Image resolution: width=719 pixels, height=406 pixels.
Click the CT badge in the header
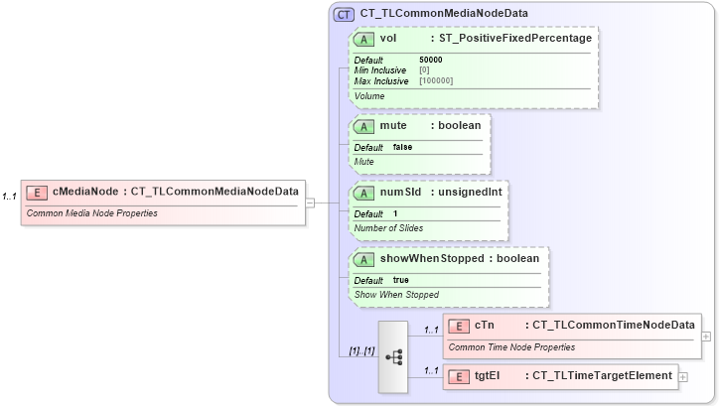click(344, 14)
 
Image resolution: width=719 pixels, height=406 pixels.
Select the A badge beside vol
click(364, 39)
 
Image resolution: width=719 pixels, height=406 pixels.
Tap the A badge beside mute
click(364, 126)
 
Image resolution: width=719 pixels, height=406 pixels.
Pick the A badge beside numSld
click(364, 192)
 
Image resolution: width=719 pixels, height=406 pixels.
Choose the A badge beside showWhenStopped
click(364, 258)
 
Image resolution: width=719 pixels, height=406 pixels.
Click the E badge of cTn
click(460, 325)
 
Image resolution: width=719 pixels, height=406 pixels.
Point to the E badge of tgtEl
click(460, 375)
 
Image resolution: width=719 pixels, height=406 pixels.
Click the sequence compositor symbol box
click(392, 357)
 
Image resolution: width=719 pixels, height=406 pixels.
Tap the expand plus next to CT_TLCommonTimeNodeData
click(706, 336)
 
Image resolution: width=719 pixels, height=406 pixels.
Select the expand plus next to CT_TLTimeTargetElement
click(682, 376)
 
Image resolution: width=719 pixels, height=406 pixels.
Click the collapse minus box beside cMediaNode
click(310, 203)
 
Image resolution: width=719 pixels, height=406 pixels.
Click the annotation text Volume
click(369, 96)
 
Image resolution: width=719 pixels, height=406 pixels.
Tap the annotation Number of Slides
click(388, 228)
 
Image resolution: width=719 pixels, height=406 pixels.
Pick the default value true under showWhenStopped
click(401, 280)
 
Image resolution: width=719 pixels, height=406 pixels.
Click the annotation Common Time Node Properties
click(511, 347)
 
